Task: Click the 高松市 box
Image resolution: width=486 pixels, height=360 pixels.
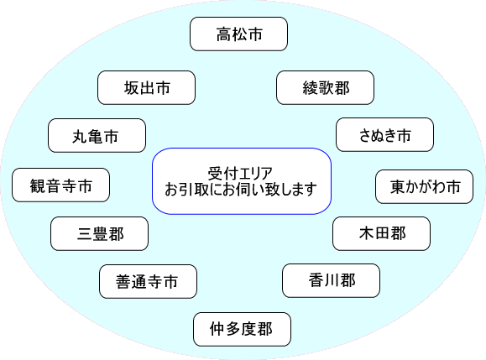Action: pos(238,34)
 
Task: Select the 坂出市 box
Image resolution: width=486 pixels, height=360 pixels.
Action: pos(146,87)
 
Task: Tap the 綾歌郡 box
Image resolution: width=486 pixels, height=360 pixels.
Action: pos(325,87)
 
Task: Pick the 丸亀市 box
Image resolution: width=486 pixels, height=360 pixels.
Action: pos(97,135)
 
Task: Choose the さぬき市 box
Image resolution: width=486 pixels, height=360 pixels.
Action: pos(384,134)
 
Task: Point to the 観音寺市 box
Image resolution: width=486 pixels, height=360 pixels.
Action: pos(60,185)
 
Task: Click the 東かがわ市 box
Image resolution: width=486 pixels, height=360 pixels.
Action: pos(425,186)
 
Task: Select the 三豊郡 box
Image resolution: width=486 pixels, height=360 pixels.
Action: pos(99,233)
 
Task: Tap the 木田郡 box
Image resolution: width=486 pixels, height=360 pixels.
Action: pos(382,233)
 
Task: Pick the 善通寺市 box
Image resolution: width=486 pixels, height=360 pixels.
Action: pos(149,281)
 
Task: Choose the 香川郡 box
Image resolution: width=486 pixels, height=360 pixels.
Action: pos(331,280)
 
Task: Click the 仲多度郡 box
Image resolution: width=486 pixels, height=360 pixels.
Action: pos(242,329)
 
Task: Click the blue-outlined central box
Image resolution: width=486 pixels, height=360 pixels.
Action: pos(242,181)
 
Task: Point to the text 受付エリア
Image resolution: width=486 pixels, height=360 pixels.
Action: pos(240,174)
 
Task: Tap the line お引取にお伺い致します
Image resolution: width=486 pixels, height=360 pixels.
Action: pos(241,190)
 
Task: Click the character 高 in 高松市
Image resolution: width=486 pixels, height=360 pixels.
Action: pos(224,34)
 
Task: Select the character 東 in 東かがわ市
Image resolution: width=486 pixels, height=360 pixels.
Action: pos(398,187)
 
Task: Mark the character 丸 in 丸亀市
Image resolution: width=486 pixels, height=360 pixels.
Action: pos(80,136)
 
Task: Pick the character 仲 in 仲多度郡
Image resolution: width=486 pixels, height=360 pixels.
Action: pos(217,329)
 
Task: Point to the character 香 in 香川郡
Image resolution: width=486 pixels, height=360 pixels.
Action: pos(316,280)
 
